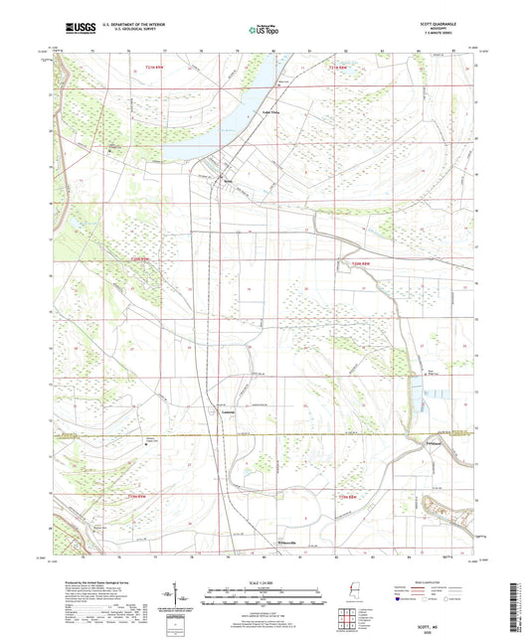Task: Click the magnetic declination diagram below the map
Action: point(179,600)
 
